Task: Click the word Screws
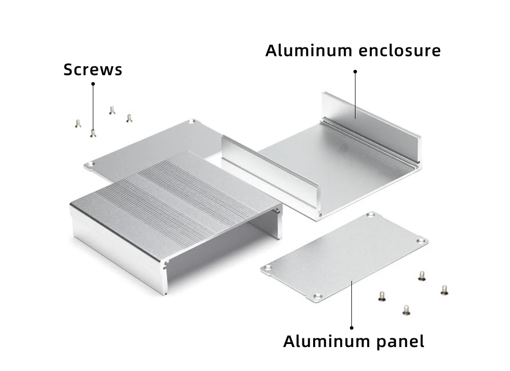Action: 93,69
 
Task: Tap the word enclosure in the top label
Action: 400,50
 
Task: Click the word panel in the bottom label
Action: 400,342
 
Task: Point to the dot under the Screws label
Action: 93,84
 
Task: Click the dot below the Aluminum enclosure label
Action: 355,71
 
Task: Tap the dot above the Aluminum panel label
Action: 351,328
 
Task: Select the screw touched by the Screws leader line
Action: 93,133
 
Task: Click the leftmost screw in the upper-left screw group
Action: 78,123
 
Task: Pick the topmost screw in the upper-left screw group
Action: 112,111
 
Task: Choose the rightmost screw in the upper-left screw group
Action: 130,118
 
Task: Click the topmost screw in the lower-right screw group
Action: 422,276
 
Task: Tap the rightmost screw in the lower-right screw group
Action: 445,290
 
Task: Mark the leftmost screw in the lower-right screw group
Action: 382,296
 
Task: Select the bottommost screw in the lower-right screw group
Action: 406,310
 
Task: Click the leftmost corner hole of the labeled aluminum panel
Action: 268,268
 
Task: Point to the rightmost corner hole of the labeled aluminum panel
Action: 422,241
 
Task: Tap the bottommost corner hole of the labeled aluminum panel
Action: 317,297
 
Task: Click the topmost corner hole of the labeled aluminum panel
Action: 371,215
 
